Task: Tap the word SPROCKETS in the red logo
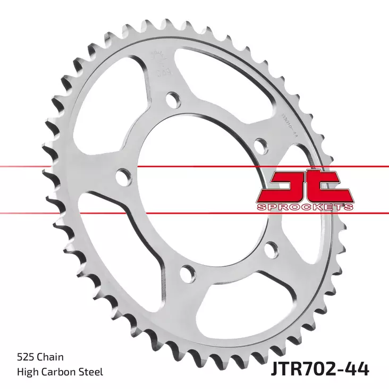click(304, 206)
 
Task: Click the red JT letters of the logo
click(304, 187)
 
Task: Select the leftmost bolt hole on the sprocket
click(123, 175)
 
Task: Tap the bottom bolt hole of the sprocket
click(187, 273)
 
